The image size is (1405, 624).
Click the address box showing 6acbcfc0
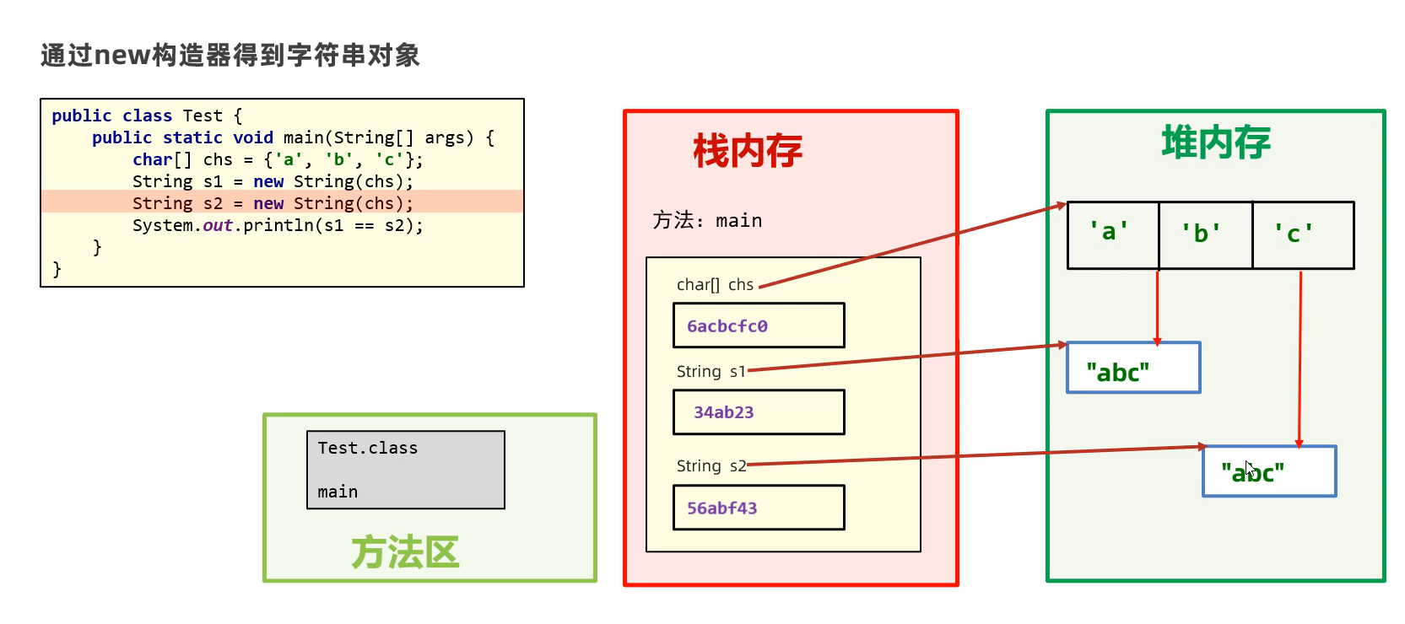(759, 325)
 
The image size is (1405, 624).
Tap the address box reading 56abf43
(759, 508)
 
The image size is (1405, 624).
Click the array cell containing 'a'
(1113, 235)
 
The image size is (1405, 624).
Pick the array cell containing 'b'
(1206, 235)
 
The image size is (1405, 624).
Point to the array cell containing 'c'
(1304, 235)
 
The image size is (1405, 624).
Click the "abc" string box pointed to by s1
(1133, 368)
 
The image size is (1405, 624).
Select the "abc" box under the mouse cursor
(1269, 471)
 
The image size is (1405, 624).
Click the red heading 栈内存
(748, 150)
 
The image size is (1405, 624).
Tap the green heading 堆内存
(1216, 143)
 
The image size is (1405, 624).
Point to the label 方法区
(405, 552)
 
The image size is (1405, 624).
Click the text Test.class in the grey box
(368, 448)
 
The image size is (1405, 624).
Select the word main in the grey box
(338, 492)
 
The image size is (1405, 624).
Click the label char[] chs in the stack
(715, 285)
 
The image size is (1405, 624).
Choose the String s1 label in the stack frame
(711, 372)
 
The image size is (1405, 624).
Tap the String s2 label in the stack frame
(711, 466)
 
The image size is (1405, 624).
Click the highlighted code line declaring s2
(273, 203)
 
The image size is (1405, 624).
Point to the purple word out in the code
(218, 225)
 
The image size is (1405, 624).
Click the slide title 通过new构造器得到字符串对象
(230, 55)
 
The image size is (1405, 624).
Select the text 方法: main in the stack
(707, 221)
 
